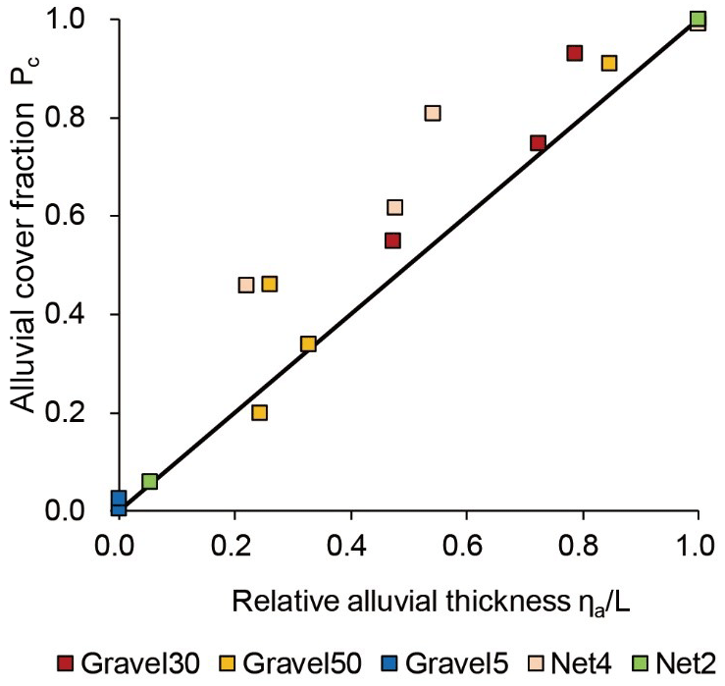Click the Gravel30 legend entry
129,661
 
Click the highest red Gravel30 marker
575,53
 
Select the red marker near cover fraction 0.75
538,143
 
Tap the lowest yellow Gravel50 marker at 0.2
259,412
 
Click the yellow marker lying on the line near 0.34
308,343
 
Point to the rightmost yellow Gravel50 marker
608,63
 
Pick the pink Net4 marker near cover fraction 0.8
433,113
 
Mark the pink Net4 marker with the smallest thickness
246,285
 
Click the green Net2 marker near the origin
150,481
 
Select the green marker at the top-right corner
698,19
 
